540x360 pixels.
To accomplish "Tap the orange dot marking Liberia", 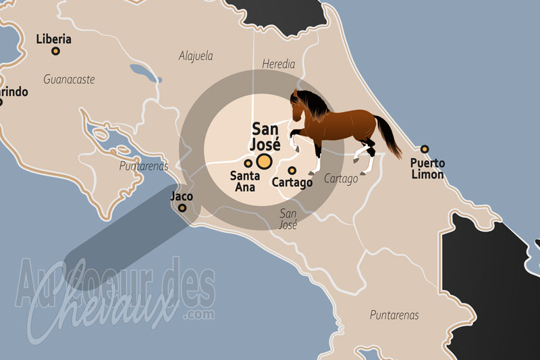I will (56, 51).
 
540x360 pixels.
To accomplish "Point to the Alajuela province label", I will (196, 56).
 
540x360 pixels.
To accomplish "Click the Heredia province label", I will (278, 64).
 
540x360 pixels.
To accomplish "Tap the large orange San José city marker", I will (263, 161).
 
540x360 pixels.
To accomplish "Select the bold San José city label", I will (266, 135).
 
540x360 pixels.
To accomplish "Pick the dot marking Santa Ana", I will (248, 163).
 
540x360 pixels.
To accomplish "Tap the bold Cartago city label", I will (292, 182).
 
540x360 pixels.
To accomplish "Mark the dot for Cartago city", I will (292, 170).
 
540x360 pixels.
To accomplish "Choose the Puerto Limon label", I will (427, 169).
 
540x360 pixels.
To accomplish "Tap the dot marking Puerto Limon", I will (425, 149).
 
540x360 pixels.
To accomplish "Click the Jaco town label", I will (182, 196).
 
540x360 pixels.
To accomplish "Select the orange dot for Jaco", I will (182, 208).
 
